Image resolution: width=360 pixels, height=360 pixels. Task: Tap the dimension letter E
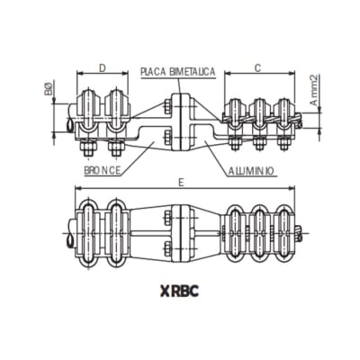183,183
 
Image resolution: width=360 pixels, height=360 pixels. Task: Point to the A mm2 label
314,90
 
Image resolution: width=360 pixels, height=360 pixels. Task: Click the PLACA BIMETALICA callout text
176,71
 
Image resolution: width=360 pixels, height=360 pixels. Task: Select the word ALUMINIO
251,168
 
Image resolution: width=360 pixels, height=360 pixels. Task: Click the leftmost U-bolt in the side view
90,108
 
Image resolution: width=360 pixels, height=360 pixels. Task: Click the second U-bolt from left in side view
115,108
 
